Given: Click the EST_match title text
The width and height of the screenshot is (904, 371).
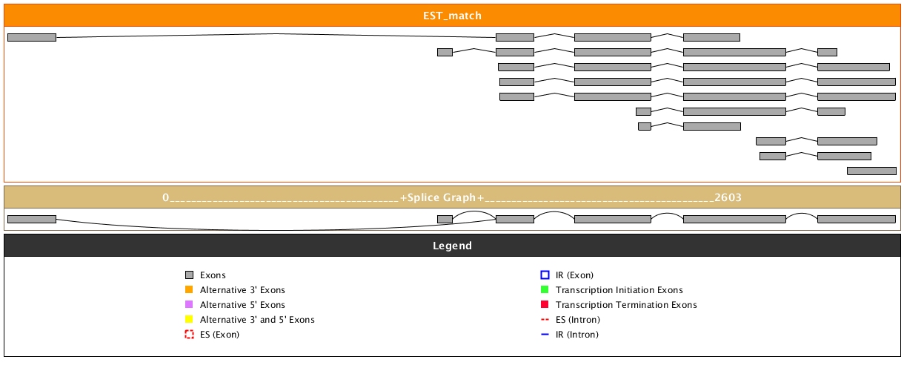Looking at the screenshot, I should click(x=452, y=16).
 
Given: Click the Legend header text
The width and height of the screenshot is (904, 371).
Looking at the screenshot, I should click(x=452, y=246).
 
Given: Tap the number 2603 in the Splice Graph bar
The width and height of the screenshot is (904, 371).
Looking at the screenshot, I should click(x=728, y=197).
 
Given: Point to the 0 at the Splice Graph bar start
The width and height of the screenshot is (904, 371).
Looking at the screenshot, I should click(x=166, y=197).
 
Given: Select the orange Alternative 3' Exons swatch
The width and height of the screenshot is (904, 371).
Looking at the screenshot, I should click(x=189, y=290).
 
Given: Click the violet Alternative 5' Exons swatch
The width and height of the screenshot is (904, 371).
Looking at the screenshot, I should click(x=189, y=305).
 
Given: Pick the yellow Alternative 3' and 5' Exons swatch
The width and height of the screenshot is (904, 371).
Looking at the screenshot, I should click(x=189, y=320).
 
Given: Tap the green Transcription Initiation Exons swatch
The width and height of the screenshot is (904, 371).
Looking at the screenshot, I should click(x=545, y=290).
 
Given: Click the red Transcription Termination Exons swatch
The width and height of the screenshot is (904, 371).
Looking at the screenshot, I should click(x=545, y=305).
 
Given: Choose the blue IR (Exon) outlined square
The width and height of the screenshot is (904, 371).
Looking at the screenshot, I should click(x=545, y=275).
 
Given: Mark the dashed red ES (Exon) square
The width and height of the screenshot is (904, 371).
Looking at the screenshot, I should click(x=189, y=335).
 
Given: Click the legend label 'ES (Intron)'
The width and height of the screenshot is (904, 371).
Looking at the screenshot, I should click(x=577, y=320).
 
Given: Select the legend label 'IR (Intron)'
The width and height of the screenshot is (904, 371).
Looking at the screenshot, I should click(x=577, y=335).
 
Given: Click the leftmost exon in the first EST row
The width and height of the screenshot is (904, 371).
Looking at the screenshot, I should click(x=32, y=37).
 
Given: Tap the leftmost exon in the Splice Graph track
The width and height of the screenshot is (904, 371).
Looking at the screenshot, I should click(x=32, y=219).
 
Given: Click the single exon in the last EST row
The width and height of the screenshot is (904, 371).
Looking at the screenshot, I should click(x=871, y=171).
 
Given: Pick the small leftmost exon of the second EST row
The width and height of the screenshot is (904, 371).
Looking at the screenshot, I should click(x=445, y=52).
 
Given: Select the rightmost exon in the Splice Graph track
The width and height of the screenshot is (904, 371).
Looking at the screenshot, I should click(x=857, y=219).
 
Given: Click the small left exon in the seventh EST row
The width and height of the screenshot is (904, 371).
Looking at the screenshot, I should click(x=645, y=126).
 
